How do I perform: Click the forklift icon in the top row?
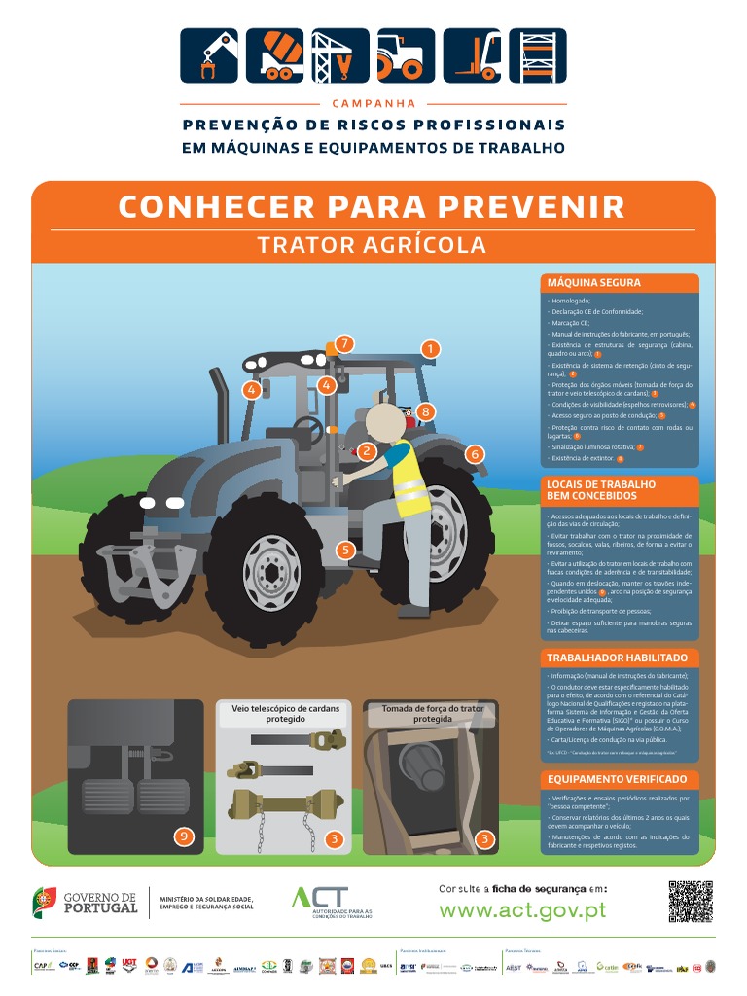[x=472, y=55]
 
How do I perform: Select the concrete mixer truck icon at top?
[x=274, y=55]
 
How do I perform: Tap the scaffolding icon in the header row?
[x=538, y=55]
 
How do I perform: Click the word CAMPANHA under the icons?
[x=373, y=103]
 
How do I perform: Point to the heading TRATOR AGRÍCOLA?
[x=373, y=244]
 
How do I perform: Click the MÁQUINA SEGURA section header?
[x=593, y=283]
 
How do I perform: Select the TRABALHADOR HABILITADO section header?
[x=617, y=658]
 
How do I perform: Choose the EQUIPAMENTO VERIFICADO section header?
[x=617, y=779]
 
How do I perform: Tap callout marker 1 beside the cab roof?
[x=432, y=348]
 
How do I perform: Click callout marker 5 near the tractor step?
[x=344, y=550]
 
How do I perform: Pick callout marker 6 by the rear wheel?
[x=475, y=454]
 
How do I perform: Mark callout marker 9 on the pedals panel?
[x=184, y=836]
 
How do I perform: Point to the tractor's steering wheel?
[x=307, y=429]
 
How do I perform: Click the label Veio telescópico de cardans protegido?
[x=284, y=714]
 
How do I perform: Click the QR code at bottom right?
[x=691, y=902]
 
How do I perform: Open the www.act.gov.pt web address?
[x=522, y=910]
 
